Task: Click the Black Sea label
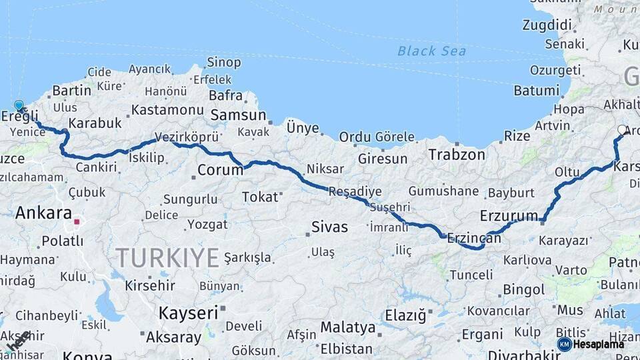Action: [431, 51]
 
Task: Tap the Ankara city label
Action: [43, 213]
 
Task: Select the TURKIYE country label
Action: [167, 257]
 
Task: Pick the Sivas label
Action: [330, 227]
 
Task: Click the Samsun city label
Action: [238, 115]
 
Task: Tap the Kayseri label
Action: [188, 312]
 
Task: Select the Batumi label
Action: [536, 91]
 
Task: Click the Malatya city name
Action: [347, 327]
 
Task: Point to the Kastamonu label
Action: [167, 110]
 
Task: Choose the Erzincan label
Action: [474, 237]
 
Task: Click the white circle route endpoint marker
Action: [623, 130]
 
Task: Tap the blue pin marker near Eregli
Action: [19, 106]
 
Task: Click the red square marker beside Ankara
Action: [77, 221]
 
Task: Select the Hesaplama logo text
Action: [599, 344]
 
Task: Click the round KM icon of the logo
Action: [565, 344]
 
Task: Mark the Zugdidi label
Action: [549, 25]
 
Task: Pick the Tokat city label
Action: [259, 197]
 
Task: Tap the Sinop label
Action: [224, 63]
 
